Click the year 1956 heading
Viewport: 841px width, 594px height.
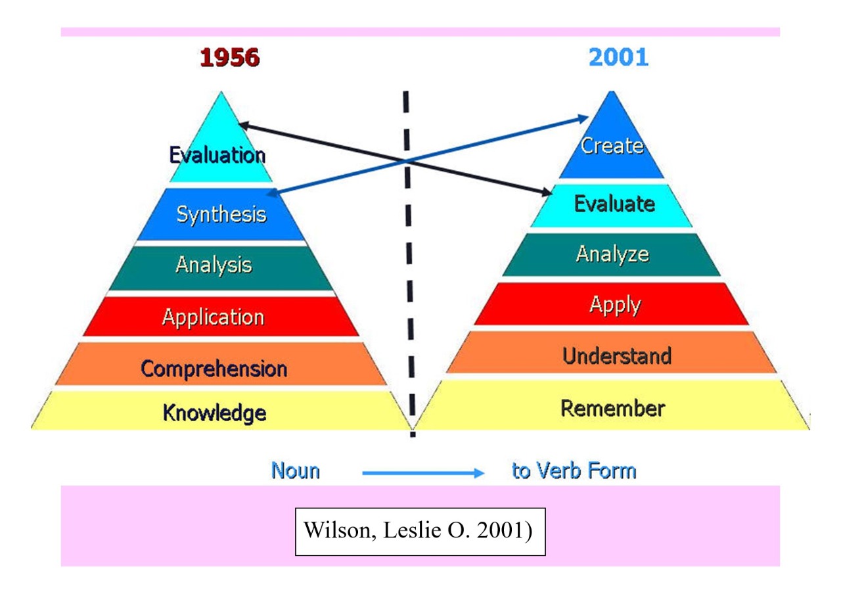click(229, 58)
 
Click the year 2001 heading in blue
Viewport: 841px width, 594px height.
click(618, 58)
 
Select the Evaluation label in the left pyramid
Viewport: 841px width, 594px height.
click(217, 156)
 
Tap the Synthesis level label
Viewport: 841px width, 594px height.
click(221, 215)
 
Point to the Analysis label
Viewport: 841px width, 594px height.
click(214, 265)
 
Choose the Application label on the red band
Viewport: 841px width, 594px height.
click(213, 317)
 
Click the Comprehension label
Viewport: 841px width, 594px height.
click(214, 368)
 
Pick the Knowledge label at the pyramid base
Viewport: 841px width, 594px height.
click(214, 413)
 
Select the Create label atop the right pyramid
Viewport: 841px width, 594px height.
click(612, 145)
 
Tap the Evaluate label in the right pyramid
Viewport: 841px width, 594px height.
click(614, 204)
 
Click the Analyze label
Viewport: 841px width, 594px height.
click(612, 254)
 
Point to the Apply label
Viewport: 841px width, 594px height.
click(614, 304)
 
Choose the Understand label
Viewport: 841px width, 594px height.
click(616, 356)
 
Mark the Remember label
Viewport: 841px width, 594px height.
click(612, 408)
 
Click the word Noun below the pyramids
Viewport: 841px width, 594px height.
click(296, 471)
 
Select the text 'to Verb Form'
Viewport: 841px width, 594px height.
click(574, 471)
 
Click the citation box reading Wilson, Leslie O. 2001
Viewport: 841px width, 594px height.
click(420, 531)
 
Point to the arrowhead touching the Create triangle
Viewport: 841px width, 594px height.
click(583, 118)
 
